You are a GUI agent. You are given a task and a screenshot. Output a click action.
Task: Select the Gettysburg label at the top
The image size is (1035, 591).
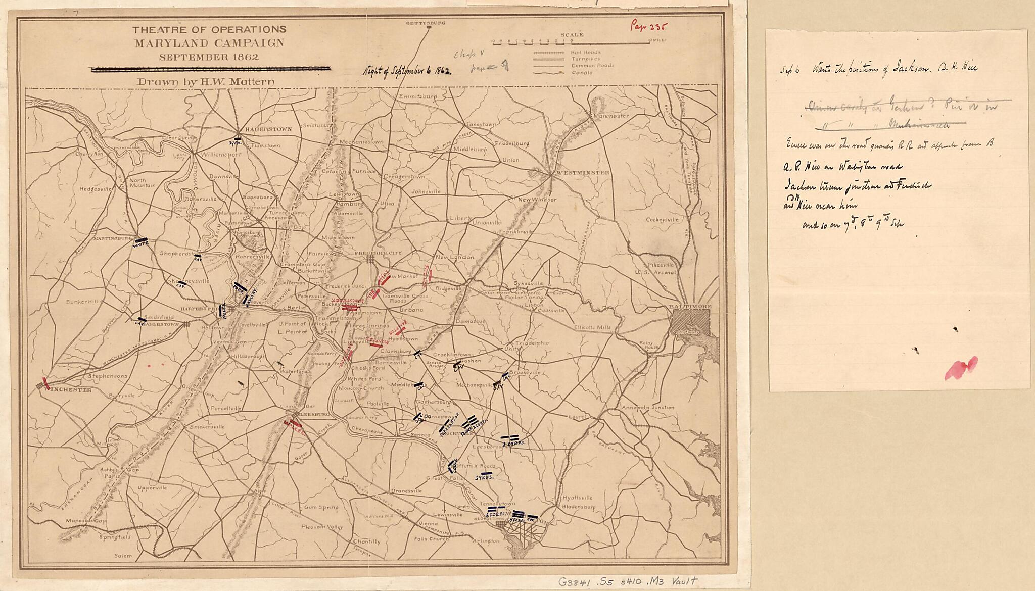(428, 23)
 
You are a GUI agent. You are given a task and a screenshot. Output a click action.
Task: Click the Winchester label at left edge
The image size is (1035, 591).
(67, 390)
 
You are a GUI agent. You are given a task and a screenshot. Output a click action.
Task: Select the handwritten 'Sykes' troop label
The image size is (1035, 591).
(484, 477)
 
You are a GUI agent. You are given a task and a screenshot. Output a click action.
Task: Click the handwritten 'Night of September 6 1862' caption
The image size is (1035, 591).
(407, 71)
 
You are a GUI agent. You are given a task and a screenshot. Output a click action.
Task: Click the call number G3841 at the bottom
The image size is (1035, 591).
(627, 581)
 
